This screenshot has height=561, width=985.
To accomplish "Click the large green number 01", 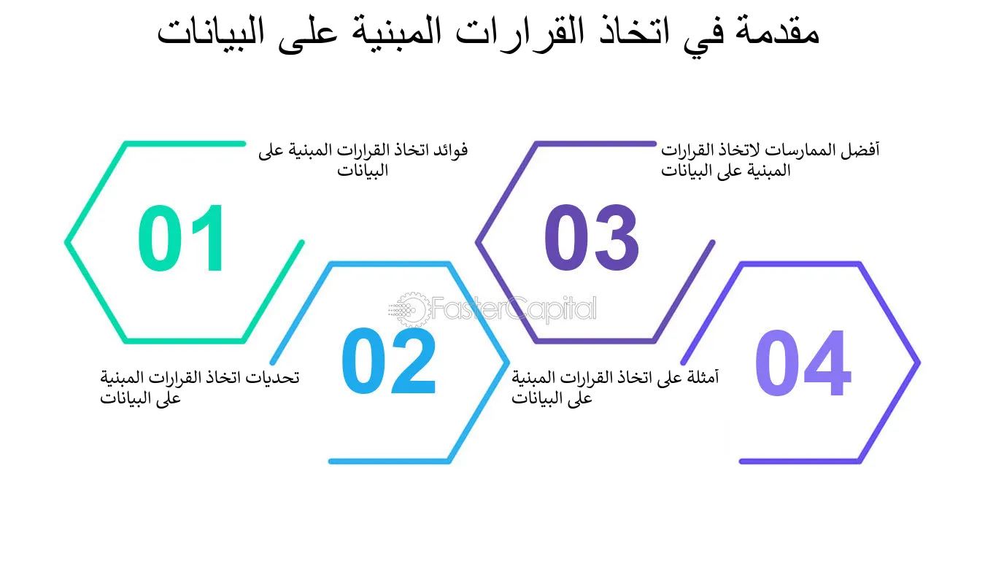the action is [x=181, y=238].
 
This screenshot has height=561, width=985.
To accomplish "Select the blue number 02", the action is [x=389, y=360].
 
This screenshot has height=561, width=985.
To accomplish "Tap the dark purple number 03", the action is [x=592, y=237].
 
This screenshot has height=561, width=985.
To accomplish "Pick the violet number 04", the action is [x=803, y=363].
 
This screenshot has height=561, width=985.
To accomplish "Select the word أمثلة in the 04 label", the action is [x=702, y=376].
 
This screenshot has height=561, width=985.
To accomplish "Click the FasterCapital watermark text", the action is [x=514, y=309].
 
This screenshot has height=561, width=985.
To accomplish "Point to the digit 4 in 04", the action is [x=827, y=363].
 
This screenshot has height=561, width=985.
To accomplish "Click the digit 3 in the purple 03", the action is [x=616, y=237].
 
